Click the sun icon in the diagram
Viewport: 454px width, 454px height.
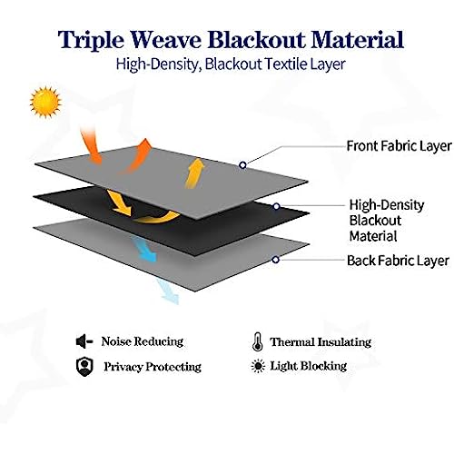click(x=45, y=102)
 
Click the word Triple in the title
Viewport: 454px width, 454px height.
click(x=91, y=40)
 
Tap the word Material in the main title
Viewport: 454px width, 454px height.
click(x=358, y=39)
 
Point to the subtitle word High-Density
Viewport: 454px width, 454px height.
click(x=159, y=64)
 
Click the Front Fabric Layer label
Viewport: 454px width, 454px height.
click(x=399, y=146)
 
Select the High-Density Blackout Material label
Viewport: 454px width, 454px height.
click(x=387, y=221)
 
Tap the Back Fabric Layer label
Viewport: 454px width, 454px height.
click(x=398, y=261)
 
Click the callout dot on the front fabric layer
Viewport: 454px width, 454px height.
click(x=242, y=165)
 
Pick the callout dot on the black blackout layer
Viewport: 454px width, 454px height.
click(x=276, y=206)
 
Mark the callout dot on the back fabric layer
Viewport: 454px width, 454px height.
click(x=275, y=260)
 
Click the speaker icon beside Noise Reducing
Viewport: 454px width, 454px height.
click(x=84, y=341)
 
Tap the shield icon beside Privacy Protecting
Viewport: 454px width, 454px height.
click(x=84, y=367)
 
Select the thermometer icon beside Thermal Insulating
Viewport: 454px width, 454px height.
click(x=257, y=341)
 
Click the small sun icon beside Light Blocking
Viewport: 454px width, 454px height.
click(x=258, y=366)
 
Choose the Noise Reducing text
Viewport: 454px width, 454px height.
click(x=143, y=341)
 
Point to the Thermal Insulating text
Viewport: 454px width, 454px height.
click(x=321, y=342)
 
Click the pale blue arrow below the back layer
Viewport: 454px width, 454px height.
click(x=168, y=291)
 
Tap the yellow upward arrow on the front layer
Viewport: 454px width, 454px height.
click(x=194, y=173)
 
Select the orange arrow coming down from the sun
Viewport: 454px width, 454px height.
click(x=91, y=146)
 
